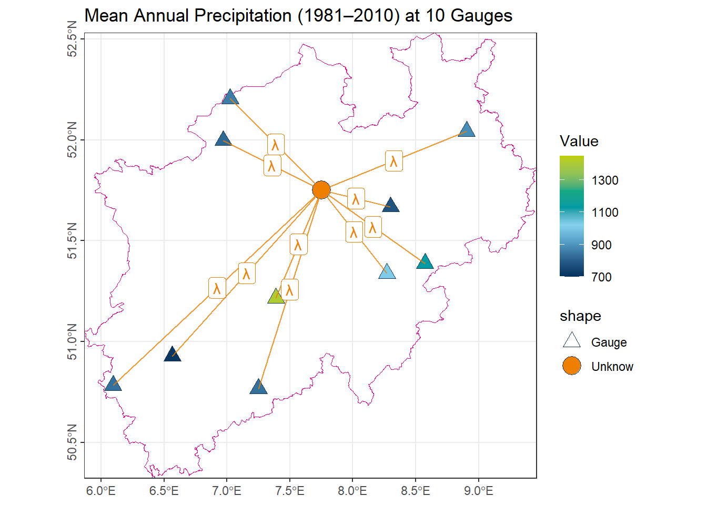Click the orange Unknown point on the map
pos(321,190)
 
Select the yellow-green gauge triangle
pos(276,297)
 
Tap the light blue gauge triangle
pos(387,272)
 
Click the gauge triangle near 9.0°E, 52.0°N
pos(467,130)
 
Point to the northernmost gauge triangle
pos(230,98)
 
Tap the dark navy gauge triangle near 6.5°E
pos(173,355)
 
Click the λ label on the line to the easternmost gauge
pos(394,161)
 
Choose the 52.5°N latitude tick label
pos(73,39)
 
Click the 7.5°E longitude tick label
pos(289,491)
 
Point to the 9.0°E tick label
pos(479,491)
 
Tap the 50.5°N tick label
pos(73,442)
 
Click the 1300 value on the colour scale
pos(604,180)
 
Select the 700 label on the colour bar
pos(601,277)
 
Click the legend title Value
pos(579,141)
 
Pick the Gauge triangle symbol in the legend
pos(572,341)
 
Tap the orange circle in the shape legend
pos(572,366)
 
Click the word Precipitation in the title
pos(243,16)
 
